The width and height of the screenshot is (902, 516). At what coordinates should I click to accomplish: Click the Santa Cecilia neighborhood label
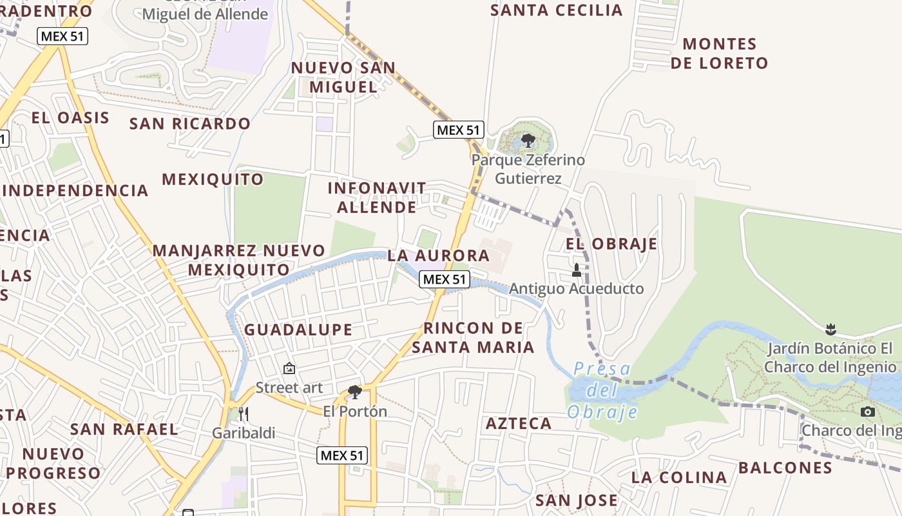click(557, 10)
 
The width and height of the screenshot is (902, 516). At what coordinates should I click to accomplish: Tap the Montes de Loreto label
click(719, 54)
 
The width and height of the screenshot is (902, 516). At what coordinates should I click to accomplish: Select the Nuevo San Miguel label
click(343, 77)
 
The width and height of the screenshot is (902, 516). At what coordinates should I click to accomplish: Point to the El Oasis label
click(70, 117)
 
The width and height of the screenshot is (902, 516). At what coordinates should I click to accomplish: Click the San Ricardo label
click(190, 123)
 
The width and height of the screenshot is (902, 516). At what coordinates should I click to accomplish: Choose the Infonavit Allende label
click(377, 197)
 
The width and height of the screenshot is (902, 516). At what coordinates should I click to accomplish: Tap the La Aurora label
click(439, 255)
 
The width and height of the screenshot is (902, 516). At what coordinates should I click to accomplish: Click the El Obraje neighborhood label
click(611, 244)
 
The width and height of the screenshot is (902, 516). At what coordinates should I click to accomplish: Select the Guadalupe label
click(298, 330)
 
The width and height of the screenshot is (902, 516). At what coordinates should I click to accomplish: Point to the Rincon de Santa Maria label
click(473, 337)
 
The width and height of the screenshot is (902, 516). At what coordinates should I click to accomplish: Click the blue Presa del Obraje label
click(602, 390)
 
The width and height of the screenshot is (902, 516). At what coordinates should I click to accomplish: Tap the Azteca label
click(518, 423)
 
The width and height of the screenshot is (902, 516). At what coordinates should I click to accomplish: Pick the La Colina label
click(679, 477)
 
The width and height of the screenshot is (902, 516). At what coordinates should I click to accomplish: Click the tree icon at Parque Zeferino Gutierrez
click(528, 140)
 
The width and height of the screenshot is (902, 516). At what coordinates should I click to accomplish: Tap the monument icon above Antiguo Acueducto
click(577, 270)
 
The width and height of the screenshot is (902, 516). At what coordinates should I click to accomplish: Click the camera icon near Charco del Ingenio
click(868, 412)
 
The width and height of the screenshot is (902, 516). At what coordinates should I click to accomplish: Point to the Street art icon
click(289, 368)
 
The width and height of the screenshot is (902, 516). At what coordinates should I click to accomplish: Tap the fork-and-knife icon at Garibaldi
click(244, 413)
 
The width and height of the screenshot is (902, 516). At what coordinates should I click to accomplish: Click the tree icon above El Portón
click(354, 392)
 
